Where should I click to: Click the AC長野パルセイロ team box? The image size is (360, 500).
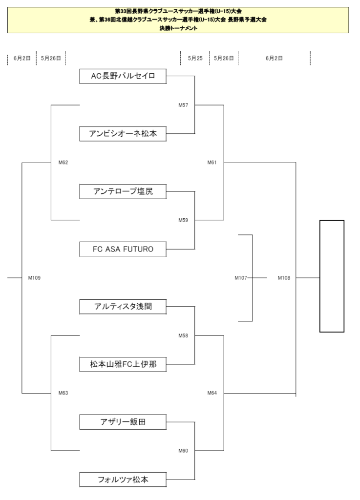(x=123, y=76)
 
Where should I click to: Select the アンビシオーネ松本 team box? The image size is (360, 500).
(x=123, y=134)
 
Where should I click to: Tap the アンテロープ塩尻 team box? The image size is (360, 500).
(x=123, y=191)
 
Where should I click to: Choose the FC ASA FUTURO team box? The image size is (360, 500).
(x=123, y=249)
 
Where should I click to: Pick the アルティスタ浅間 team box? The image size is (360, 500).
(x=123, y=307)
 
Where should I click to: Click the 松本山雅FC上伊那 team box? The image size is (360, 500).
(x=123, y=364)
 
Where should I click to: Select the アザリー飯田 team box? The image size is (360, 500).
(x=123, y=422)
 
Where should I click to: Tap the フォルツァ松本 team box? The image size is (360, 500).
(x=123, y=479)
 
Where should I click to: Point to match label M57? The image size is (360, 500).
(x=183, y=105)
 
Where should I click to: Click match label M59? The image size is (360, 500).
(x=183, y=220)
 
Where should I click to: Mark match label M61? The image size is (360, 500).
(x=212, y=162)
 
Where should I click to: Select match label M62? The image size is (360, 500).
(x=63, y=162)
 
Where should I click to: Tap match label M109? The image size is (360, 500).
(x=35, y=278)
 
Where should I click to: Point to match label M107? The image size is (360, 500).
(x=241, y=278)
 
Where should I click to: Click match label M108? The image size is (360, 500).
(x=284, y=278)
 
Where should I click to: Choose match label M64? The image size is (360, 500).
(x=212, y=393)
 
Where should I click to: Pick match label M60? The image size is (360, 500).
(x=183, y=451)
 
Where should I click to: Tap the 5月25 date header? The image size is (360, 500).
(x=195, y=58)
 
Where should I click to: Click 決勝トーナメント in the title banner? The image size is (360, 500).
(x=179, y=28)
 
